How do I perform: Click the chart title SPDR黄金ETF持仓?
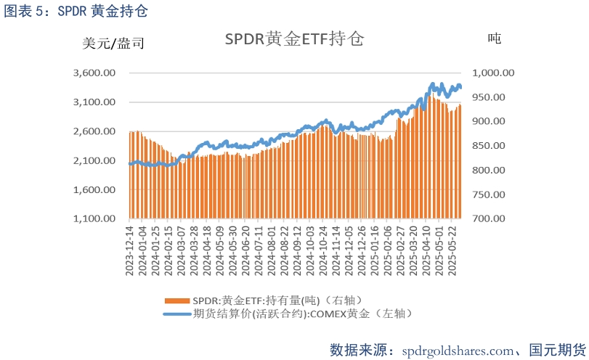coord(294,40)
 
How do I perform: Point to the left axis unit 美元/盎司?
coord(114,44)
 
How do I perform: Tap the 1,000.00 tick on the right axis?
coord(493,73)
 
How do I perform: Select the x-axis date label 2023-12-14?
coord(130,249)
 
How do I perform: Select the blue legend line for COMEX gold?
coord(177,314)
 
